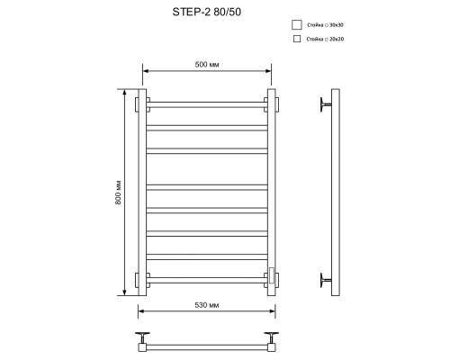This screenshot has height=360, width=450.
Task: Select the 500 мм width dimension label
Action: click(206, 63)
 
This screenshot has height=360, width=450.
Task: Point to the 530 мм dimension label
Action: click(206, 306)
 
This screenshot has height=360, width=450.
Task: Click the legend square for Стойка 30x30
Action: click(299, 24)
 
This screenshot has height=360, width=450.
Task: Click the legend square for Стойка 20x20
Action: click(299, 40)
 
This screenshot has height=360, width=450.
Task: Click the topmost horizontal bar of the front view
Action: click(206, 103)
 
